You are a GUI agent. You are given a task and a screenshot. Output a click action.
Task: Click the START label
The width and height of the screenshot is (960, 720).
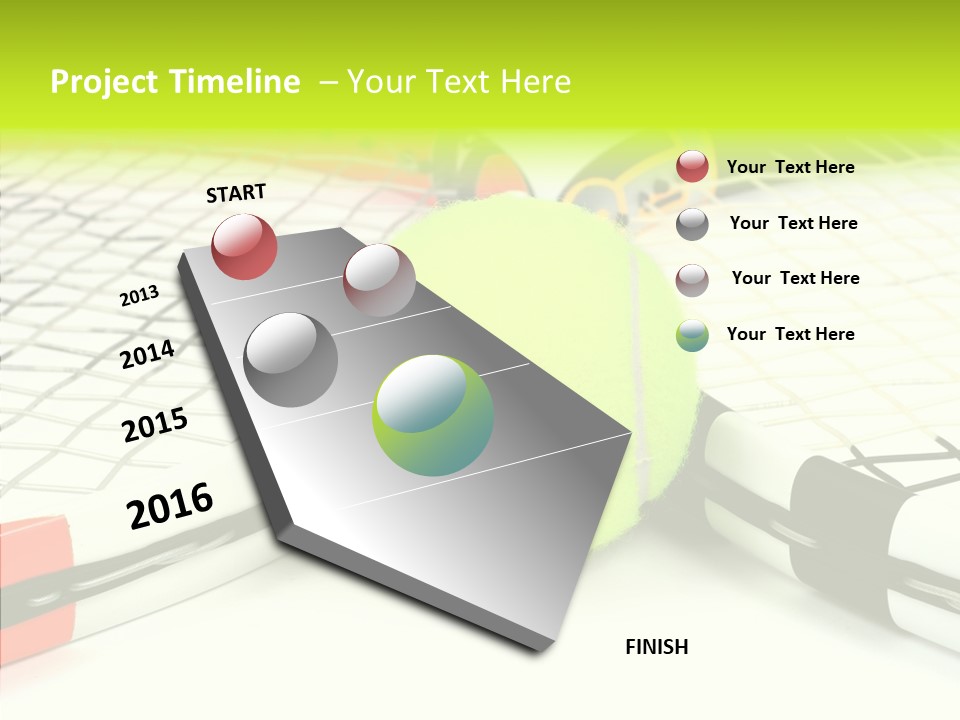[236, 193]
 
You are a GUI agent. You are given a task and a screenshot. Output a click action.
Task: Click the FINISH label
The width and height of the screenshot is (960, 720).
[656, 647]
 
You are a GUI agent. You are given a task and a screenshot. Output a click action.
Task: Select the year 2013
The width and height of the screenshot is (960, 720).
[139, 296]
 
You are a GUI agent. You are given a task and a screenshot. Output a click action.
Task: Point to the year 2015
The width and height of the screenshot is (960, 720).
[155, 426]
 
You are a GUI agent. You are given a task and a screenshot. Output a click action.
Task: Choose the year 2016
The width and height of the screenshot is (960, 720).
[170, 506]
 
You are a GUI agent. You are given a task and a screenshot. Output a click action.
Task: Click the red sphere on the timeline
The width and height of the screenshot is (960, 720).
[244, 246]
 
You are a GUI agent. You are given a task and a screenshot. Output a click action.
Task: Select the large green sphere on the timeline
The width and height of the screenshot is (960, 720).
[433, 415]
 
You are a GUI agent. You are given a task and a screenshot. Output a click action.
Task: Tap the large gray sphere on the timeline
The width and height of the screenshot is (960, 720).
[291, 360]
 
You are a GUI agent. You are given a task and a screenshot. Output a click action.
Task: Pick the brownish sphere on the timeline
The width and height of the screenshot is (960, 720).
[379, 280]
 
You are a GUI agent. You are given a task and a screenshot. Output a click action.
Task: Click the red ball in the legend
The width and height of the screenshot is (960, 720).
[692, 166]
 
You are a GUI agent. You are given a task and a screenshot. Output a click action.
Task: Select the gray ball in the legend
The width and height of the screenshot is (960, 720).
[692, 224]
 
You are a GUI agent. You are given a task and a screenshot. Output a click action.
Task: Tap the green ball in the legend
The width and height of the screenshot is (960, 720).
[692, 335]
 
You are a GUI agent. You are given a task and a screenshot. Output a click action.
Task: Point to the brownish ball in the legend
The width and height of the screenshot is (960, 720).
[692, 279]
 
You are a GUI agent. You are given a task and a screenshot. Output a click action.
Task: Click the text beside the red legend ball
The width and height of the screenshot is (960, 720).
[790, 167]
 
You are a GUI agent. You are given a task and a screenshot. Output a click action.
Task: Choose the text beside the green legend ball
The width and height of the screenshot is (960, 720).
[790, 334]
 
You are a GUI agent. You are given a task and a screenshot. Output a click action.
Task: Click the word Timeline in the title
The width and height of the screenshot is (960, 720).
[236, 82]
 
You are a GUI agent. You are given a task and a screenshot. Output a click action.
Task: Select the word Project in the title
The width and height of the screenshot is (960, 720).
[105, 82]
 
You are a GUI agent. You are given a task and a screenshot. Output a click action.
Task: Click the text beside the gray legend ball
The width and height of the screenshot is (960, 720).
[793, 223]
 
